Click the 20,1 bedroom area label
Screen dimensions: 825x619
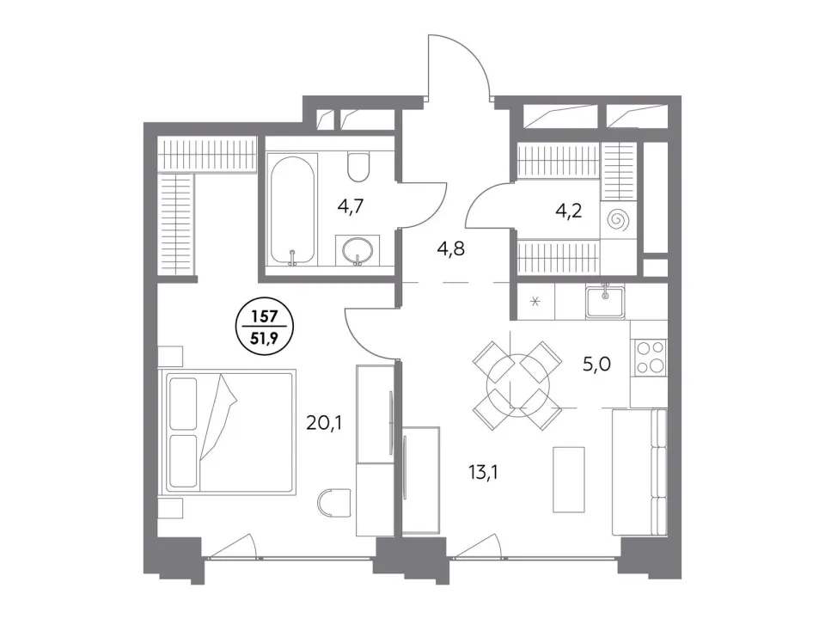[x=324, y=422]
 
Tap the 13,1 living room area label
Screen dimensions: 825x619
[x=483, y=473]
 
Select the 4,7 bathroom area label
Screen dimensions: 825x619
[x=351, y=206]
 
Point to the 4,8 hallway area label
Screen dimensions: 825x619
[x=451, y=248]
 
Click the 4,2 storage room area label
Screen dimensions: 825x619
[x=569, y=211]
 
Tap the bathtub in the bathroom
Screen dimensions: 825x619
[x=292, y=209]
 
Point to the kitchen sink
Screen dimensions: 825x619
[x=606, y=302]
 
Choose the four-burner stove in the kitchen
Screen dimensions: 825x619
[x=651, y=358]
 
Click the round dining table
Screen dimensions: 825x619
[x=518, y=386]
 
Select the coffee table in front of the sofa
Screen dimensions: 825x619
[x=569, y=480]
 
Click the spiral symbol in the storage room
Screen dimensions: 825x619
[x=618, y=221]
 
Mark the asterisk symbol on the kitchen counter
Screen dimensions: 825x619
[x=535, y=302]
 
